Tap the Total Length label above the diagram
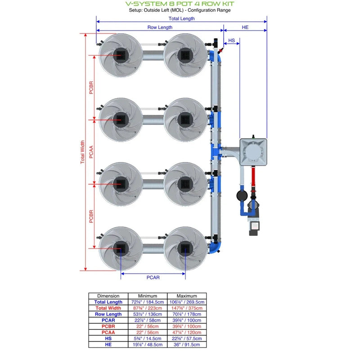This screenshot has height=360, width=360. [x=181, y=18]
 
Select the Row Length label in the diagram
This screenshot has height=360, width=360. [x=160, y=27]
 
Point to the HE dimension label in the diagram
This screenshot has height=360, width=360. [x=245, y=27]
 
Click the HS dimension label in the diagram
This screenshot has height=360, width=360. [x=231, y=40]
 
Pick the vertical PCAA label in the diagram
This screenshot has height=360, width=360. [x=91, y=152]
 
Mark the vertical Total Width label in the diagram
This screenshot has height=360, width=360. [x=82, y=152]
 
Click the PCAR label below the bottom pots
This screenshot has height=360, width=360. [x=153, y=278]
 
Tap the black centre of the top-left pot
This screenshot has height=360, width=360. [x=120, y=55]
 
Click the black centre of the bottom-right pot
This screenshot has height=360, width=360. [x=184, y=248]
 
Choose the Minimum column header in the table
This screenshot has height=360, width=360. [x=144, y=296]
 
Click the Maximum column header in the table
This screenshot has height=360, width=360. [x=187, y=296]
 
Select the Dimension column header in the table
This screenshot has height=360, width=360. [x=108, y=296]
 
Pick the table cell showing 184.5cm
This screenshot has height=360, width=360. [x=144, y=302]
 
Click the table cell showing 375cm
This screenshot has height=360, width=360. [x=187, y=308]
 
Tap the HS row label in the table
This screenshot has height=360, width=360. [x=108, y=338]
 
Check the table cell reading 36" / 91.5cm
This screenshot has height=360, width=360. [x=187, y=344]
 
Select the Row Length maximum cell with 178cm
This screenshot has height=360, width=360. [x=187, y=314]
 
